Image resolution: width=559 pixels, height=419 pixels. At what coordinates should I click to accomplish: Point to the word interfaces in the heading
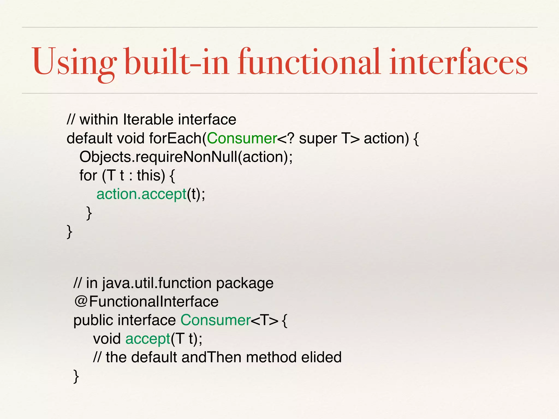click(x=458, y=62)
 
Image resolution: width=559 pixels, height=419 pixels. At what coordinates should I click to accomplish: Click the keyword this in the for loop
click(x=151, y=175)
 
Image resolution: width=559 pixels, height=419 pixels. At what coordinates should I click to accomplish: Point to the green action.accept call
click(x=141, y=194)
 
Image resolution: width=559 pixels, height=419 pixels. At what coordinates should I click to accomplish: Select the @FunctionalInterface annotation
click(x=146, y=301)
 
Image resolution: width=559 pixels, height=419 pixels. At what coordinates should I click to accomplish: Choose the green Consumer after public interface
click(x=216, y=320)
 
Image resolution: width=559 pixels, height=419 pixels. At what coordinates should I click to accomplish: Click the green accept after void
click(x=148, y=339)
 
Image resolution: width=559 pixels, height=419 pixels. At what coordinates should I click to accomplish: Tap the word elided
click(x=321, y=357)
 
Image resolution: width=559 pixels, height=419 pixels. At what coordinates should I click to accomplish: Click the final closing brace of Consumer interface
click(x=76, y=376)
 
